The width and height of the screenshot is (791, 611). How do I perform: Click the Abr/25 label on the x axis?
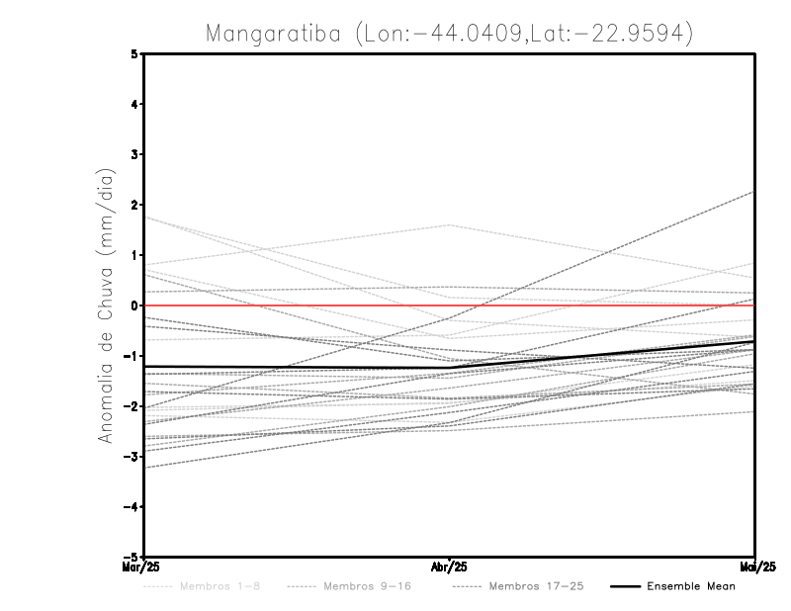(x=450, y=567)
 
